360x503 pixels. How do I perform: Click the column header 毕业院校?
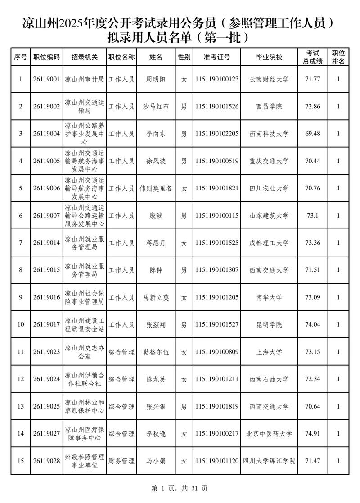pyautogui.click(x=269, y=57)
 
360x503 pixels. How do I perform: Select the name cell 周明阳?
pyautogui.click(x=156, y=79)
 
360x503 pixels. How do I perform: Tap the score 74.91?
pyautogui.click(x=312, y=434)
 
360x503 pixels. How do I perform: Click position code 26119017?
pyautogui.click(x=46, y=324)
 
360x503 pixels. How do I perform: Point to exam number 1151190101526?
pyautogui.click(x=217, y=107)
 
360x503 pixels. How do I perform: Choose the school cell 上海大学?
pyautogui.click(x=269, y=352)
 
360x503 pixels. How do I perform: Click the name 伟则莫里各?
pyautogui.click(x=156, y=189)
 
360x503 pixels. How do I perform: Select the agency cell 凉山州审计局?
pyautogui.click(x=85, y=79)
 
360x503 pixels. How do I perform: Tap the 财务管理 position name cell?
pyautogui.click(x=121, y=461)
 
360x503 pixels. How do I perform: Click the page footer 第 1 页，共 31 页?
pyautogui.click(x=180, y=488)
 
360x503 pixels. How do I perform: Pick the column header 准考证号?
pyautogui.click(x=217, y=57)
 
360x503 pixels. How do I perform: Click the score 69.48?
pyautogui.click(x=312, y=134)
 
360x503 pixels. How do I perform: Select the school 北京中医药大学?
pyautogui.click(x=269, y=434)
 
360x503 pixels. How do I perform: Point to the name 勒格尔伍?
pyautogui.click(x=156, y=352)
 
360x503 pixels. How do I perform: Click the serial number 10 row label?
pyautogui.click(x=20, y=324)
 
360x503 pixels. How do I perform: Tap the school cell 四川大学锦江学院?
pyautogui.click(x=269, y=461)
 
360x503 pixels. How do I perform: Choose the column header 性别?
pyautogui.click(x=184, y=57)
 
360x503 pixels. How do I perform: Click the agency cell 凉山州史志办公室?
pyautogui.click(x=85, y=352)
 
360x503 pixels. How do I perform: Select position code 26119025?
pyautogui.click(x=46, y=406)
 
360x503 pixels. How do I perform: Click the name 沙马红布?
pyautogui.click(x=156, y=107)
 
